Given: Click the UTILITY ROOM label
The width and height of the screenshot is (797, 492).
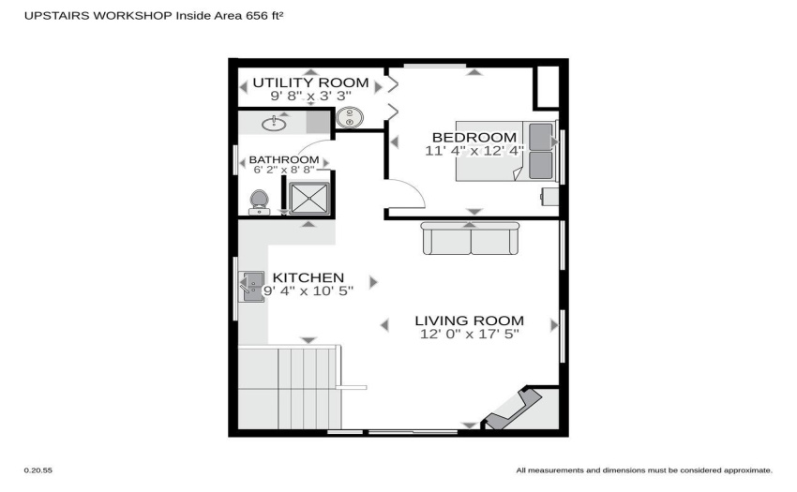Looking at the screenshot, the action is (310, 82).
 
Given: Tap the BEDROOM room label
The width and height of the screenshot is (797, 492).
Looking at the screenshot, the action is (474, 137).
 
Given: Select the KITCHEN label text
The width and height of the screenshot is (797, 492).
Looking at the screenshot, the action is (308, 277).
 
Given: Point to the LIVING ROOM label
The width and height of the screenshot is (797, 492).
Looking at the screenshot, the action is (469, 321).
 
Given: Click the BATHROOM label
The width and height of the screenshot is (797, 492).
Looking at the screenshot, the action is (284, 159).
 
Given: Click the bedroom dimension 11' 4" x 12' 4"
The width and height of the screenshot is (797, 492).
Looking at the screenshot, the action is (474, 151).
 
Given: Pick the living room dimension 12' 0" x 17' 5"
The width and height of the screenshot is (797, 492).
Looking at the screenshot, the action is (470, 334).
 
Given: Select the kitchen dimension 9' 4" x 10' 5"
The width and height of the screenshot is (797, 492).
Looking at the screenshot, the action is (308, 291).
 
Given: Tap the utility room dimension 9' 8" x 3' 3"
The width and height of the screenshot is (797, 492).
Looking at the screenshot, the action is (310, 96).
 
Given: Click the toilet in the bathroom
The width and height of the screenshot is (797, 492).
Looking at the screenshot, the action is (259, 202).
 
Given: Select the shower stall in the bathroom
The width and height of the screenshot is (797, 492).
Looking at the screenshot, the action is (308, 198).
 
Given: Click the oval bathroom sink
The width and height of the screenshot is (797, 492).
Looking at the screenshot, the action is (274, 124).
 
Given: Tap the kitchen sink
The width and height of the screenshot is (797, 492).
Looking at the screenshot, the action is (251, 287).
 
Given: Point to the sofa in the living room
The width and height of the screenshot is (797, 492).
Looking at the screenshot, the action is (470, 238).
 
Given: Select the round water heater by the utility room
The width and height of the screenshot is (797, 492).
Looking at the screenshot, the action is (350, 118).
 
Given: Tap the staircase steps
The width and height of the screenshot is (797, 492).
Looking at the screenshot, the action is (290, 388).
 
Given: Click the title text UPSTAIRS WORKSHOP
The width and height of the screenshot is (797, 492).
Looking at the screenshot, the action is (98, 16).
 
